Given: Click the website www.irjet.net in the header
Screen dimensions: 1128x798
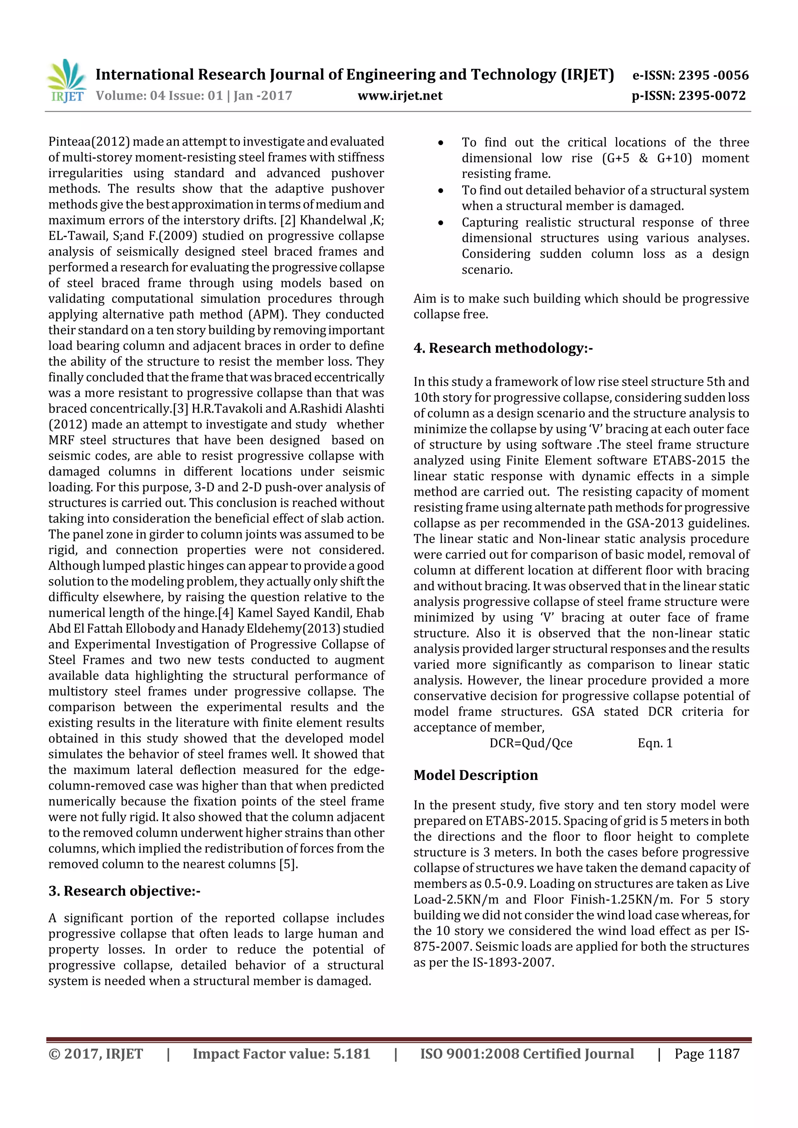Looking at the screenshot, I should click(x=400, y=96).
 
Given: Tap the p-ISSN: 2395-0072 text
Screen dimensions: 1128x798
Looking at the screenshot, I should click(x=689, y=96).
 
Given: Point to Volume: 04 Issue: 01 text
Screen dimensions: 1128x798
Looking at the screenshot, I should click(x=159, y=96).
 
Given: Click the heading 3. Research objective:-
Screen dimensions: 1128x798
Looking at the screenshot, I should click(x=124, y=891).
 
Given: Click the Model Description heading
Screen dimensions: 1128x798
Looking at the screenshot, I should click(x=475, y=775).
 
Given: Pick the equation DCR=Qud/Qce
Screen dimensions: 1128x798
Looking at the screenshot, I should click(x=531, y=743).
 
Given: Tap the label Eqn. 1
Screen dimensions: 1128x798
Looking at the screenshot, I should click(x=655, y=743).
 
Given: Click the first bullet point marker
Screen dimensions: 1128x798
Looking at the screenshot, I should click(x=441, y=143).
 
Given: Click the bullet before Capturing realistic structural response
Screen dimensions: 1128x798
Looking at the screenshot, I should click(x=441, y=223).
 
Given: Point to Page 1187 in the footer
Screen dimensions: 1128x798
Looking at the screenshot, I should click(x=706, y=1054).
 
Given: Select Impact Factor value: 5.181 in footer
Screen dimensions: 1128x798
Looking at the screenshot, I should click(x=281, y=1054).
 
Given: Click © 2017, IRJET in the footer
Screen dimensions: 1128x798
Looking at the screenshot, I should click(x=96, y=1054).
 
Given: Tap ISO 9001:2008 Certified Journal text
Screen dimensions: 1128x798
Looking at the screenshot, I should click(x=526, y=1054).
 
